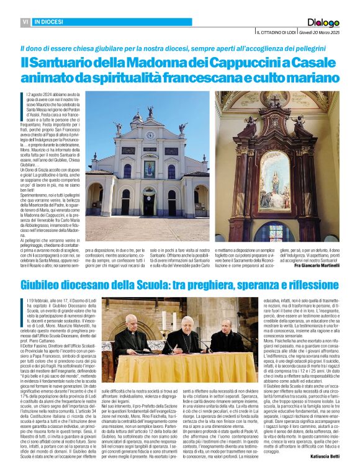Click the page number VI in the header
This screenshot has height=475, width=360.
(25, 22)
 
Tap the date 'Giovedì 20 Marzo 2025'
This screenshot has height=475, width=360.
(319, 32)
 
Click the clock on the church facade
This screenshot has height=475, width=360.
(150, 135)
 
